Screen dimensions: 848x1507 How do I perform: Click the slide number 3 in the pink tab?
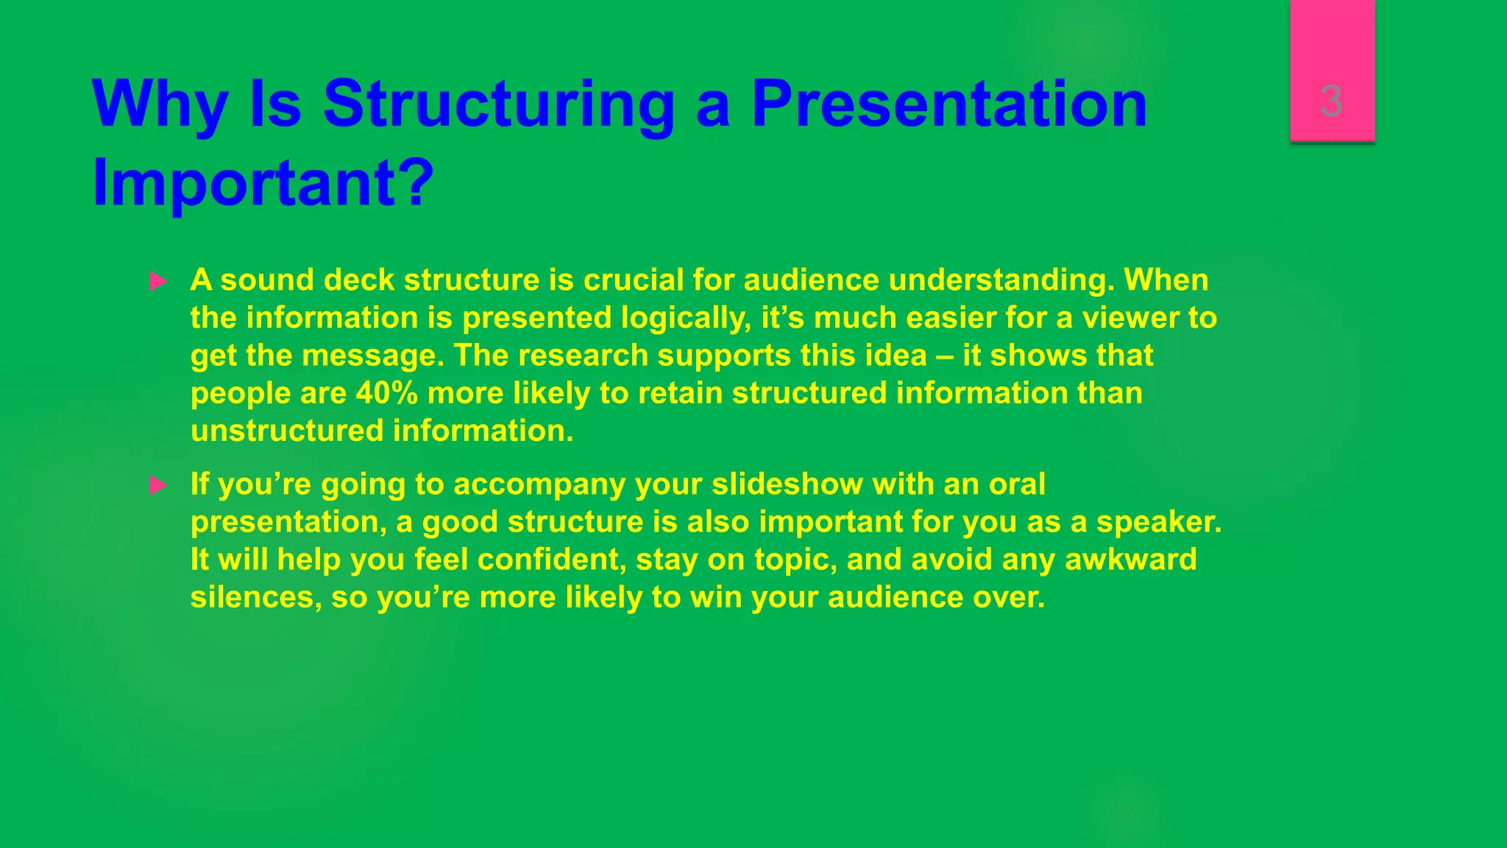click(x=1331, y=101)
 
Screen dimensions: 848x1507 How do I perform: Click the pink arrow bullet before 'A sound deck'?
click(x=158, y=281)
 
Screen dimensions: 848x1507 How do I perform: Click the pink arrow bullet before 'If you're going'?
click(x=158, y=485)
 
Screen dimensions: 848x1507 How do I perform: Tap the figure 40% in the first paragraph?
click(x=386, y=393)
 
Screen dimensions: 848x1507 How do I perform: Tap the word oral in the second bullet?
click(x=1017, y=484)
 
